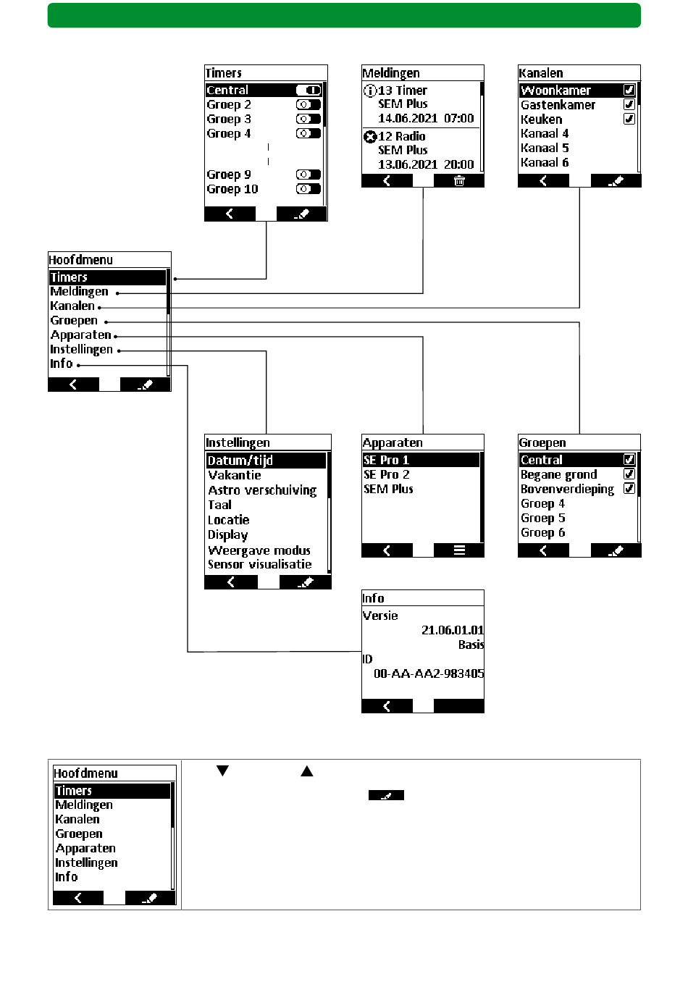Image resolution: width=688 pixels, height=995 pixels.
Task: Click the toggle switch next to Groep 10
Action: pyautogui.click(x=308, y=189)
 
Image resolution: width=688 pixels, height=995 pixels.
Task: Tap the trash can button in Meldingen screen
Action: pyautogui.click(x=459, y=181)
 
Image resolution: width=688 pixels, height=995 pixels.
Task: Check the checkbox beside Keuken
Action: pyautogui.click(x=629, y=119)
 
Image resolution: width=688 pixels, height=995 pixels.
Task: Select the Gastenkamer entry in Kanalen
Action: pyautogui.click(x=558, y=105)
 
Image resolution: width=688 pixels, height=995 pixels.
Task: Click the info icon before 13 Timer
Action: pyautogui.click(x=370, y=91)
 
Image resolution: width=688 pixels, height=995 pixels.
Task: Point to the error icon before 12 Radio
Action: pyautogui.click(x=370, y=136)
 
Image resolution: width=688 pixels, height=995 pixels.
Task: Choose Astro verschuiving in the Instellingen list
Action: pyautogui.click(x=262, y=490)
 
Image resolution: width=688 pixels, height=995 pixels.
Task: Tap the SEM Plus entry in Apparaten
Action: pyautogui.click(x=388, y=490)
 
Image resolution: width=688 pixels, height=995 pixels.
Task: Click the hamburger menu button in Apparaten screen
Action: pyautogui.click(x=459, y=550)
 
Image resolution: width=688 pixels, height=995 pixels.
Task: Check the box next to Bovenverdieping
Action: pyautogui.click(x=629, y=489)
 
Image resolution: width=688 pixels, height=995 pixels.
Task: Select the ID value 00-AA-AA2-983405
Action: pyautogui.click(x=429, y=673)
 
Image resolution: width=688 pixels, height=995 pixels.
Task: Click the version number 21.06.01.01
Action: pyautogui.click(x=453, y=630)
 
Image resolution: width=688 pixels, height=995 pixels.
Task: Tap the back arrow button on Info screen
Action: pyautogui.click(x=387, y=706)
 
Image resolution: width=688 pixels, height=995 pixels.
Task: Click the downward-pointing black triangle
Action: pyautogui.click(x=222, y=771)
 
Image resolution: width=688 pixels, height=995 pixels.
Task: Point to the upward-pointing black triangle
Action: pyautogui.click(x=307, y=771)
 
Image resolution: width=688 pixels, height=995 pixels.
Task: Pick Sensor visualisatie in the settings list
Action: pyautogui.click(x=259, y=565)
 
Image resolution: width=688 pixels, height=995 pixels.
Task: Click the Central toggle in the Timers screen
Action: pyautogui.click(x=309, y=91)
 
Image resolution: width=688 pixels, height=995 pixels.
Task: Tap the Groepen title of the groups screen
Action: pyautogui.click(x=542, y=442)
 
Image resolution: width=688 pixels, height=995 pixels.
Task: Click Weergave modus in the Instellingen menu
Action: pyautogui.click(x=259, y=550)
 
